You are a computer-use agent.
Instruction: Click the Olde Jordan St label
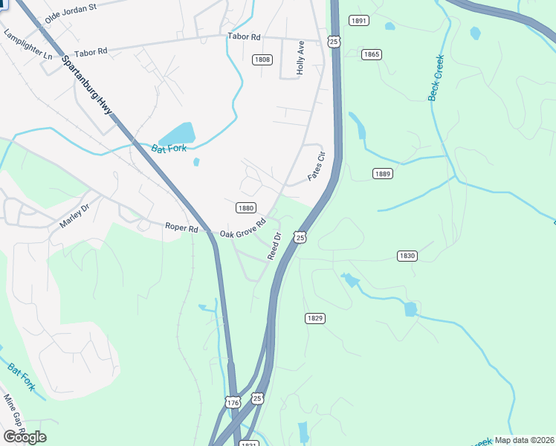[x=71, y=12]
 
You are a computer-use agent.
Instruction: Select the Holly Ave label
[x=301, y=56]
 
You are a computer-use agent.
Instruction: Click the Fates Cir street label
[x=317, y=167]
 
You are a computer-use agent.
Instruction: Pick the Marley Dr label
[x=74, y=216]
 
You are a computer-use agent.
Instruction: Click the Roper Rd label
[x=181, y=228]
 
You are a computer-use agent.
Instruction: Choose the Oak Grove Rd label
[x=243, y=229]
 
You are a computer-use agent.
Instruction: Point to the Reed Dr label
[x=274, y=246]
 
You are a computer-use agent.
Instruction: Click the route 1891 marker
[x=358, y=21]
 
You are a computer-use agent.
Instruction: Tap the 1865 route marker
[x=372, y=54]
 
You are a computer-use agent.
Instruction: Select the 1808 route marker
[x=262, y=59]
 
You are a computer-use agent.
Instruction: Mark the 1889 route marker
[x=382, y=173]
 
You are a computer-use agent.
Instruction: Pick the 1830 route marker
[x=407, y=256]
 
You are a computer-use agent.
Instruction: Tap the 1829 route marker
[x=314, y=318]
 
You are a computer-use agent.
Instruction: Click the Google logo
[x=25, y=437]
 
